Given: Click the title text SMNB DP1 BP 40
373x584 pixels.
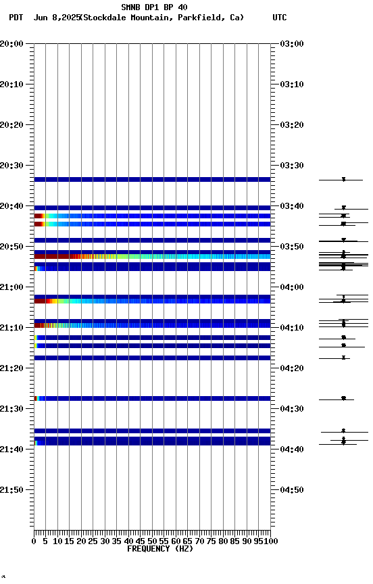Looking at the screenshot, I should [154, 7].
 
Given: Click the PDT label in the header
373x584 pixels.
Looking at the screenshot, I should [16, 18].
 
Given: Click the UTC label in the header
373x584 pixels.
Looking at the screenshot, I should [280, 18].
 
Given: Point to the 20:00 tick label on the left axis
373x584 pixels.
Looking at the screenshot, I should [12, 44].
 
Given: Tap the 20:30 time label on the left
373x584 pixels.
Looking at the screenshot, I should [12, 166].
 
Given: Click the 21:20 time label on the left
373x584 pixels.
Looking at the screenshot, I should [12, 368].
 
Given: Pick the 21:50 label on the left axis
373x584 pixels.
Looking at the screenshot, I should [12, 490].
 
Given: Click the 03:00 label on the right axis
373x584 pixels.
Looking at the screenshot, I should [291, 44].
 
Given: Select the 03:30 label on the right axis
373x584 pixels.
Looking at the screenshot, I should [291, 166].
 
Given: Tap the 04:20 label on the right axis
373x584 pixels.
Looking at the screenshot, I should [291, 368].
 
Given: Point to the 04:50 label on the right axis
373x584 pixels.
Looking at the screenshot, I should [291, 490].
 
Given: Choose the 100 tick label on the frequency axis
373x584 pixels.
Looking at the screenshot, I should [271, 541].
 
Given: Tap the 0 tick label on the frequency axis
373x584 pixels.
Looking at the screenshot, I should [34, 541].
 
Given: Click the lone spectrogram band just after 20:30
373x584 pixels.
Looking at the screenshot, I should [153, 180].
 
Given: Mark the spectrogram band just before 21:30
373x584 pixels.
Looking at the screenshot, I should [153, 399].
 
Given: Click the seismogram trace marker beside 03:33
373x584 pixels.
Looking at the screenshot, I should [343, 179].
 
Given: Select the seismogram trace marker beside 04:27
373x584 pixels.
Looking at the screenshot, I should [343, 399].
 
